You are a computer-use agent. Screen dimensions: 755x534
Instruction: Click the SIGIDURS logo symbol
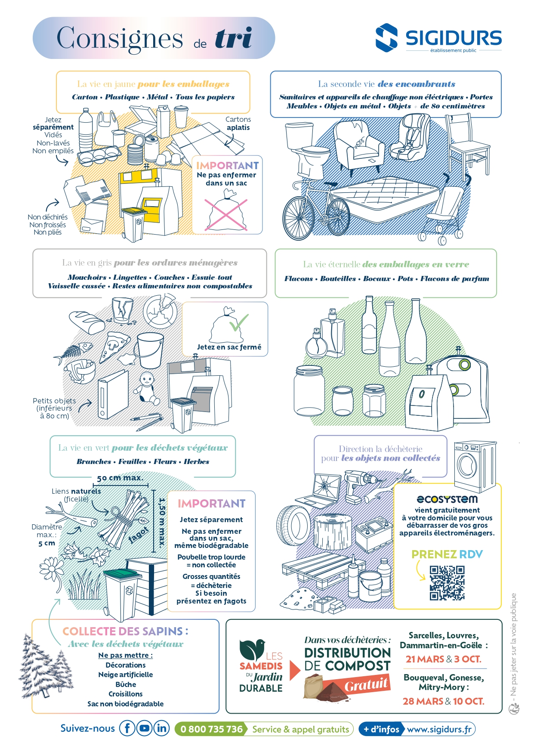pyautogui.click(x=386, y=38)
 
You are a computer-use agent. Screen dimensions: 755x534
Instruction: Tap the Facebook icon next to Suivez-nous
pyautogui.click(x=127, y=728)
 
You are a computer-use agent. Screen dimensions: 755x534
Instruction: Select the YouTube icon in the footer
pyautogui.click(x=145, y=728)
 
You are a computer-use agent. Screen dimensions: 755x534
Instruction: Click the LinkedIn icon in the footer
pyautogui.click(x=162, y=728)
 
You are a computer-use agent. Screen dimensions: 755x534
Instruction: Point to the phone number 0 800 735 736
pyautogui.click(x=211, y=729)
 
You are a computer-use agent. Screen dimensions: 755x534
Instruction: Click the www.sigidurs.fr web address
pyautogui.click(x=439, y=729)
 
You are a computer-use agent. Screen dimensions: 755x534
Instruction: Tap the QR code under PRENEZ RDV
pyautogui.click(x=447, y=583)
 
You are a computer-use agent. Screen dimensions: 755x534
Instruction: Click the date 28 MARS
pyautogui.click(x=423, y=701)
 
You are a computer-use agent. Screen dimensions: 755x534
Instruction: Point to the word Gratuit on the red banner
pyautogui.click(x=367, y=684)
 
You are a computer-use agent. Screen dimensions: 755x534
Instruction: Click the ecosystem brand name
pyautogui.click(x=447, y=499)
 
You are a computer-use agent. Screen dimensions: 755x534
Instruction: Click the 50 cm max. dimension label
pyautogui.click(x=120, y=478)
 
